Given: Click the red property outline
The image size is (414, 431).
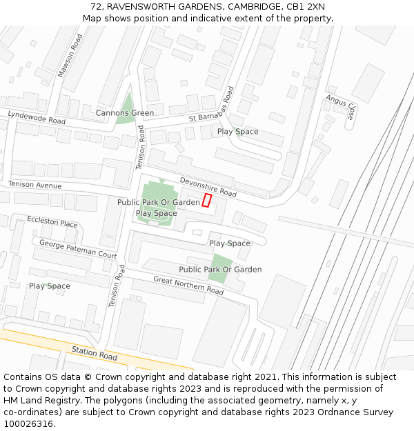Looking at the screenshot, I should coord(206,201).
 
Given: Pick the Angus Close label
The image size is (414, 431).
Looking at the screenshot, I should coord(341,107).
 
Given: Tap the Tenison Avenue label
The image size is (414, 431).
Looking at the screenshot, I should coord(35,185).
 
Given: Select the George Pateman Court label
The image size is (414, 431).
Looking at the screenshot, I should coord(78,248).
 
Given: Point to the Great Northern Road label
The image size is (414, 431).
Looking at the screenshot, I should coord(188,285).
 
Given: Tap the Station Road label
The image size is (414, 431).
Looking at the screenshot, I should coord(95,354).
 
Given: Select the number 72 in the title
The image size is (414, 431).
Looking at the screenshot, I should coord(96,7).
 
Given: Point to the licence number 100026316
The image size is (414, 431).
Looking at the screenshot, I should coord(29,424).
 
